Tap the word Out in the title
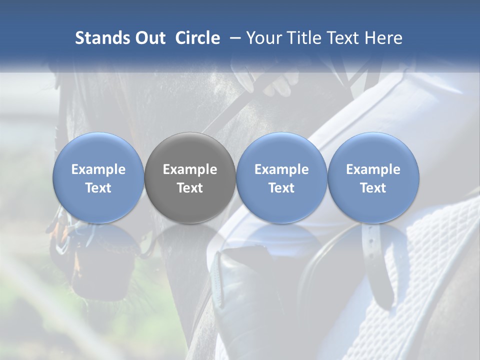click(149, 38)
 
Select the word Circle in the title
click(197, 38)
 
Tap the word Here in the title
click(384, 38)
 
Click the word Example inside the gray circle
click(190, 169)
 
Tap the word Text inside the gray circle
click(190, 188)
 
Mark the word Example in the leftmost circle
click(98, 169)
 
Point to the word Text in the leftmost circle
click(98, 188)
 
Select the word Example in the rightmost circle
click(373, 169)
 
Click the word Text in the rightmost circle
click(373, 188)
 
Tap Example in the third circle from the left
click(281, 169)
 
